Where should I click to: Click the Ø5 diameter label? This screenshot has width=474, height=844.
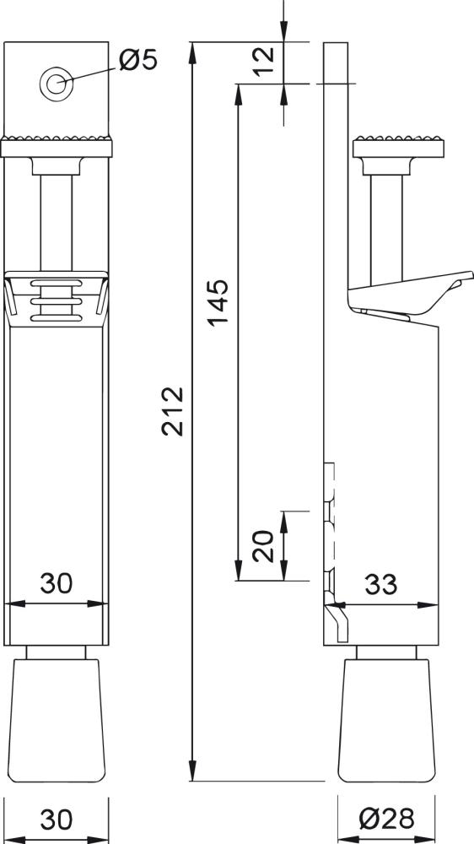click(x=138, y=61)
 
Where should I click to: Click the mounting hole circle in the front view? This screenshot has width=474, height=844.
click(x=57, y=83)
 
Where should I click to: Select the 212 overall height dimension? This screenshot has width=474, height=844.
click(x=173, y=411)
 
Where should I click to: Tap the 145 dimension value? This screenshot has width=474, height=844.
click(x=217, y=302)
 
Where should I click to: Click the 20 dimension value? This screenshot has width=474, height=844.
click(x=263, y=546)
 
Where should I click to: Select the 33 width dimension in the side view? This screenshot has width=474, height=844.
click(x=381, y=584)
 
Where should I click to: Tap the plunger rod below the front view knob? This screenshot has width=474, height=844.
click(x=57, y=219)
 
